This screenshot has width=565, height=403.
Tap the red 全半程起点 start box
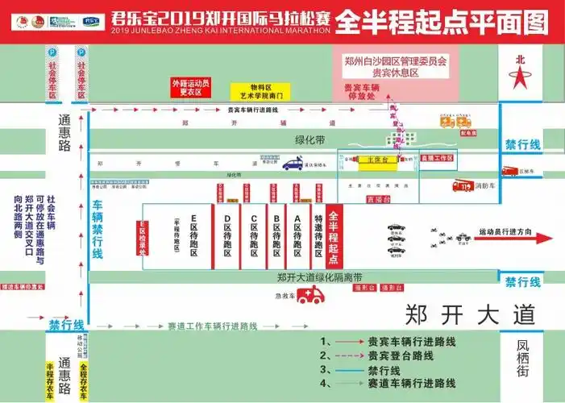coord(334,234)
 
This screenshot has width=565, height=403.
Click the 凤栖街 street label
coord(525,357)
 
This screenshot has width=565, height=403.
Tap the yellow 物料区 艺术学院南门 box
coord(256,91)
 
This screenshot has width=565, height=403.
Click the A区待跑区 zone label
coord(297,236)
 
